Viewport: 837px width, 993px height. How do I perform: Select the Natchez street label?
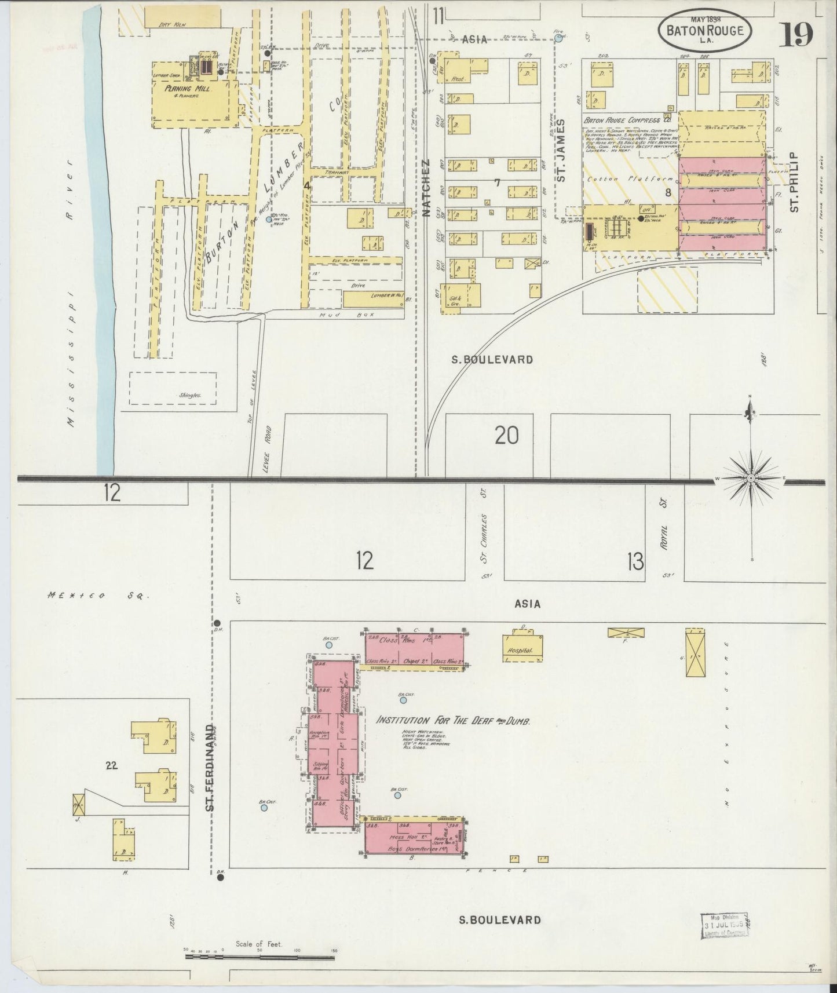click(426, 188)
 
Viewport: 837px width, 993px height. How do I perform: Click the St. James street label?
click(561, 151)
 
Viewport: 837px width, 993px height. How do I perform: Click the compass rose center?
click(751, 478)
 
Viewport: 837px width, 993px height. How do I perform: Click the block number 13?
click(635, 560)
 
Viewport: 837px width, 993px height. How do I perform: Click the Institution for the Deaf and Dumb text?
click(454, 721)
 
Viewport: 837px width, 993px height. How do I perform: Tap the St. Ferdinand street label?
click(211, 767)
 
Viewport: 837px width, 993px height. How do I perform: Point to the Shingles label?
click(189, 396)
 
